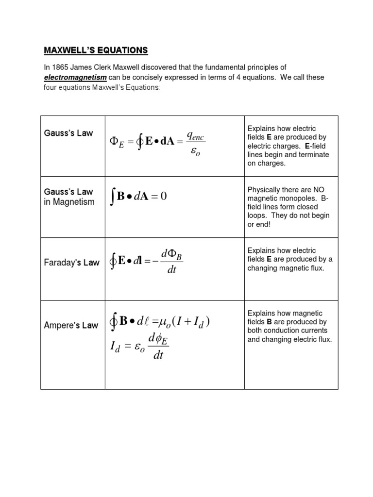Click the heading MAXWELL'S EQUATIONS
(x=96, y=50)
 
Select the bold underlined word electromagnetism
(x=75, y=78)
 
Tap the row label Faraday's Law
(x=71, y=263)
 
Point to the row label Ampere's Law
(x=71, y=325)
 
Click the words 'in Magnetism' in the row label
(x=69, y=202)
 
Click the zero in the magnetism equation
(x=163, y=196)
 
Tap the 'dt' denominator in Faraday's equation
(x=171, y=270)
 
